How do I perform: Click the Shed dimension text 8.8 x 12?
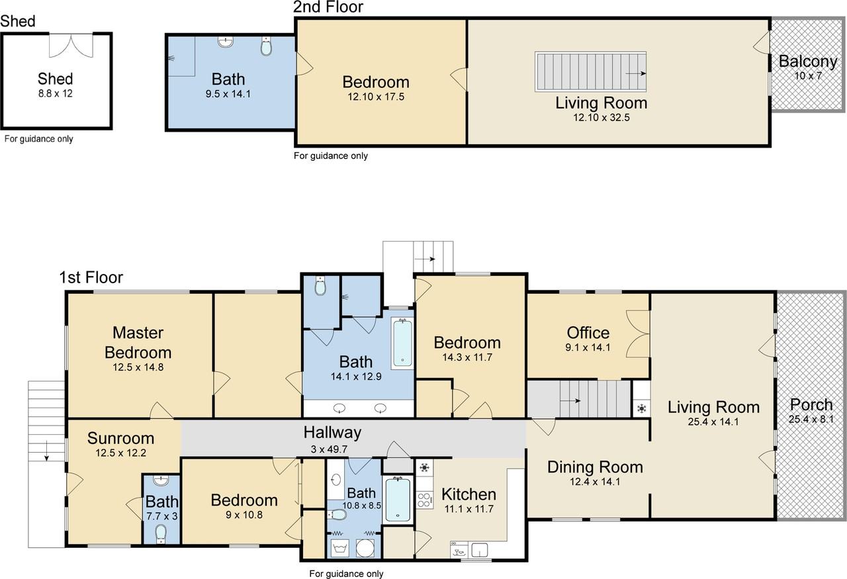[x=55, y=93]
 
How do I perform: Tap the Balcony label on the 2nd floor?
[x=808, y=62]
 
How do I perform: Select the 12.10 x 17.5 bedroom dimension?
[x=376, y=97]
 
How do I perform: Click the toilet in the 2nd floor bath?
[x=266, y=46]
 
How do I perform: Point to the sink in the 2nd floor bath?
[x=226, y=42]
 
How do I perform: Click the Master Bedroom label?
[x=138, y=343]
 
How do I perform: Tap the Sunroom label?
[x=120, y=438]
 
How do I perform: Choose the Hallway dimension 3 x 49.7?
[x=329, y=449]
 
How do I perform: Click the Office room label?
[x=588, y=333]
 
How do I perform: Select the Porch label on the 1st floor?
[x=811, y=405]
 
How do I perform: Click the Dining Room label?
[x=595, y=467]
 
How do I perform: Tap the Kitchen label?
[x=469, y=494]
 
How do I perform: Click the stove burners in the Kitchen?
[x=425, y=499]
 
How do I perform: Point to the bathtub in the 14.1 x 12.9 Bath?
[x=402, y=343]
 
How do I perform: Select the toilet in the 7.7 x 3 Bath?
[x=161, y=533]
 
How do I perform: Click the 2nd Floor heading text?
[x=328, y=7]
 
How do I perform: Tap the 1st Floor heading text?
[x=91, y=277]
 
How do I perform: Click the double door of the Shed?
[x=71, y=46]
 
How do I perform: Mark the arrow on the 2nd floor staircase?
[x=635, y=73]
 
